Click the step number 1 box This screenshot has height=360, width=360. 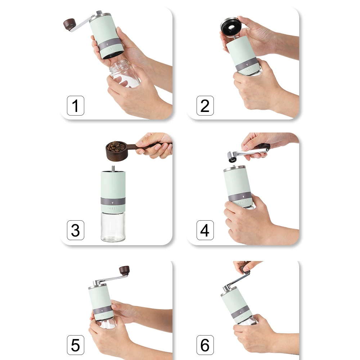pos(76,106)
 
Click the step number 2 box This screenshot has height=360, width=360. pos(205,106)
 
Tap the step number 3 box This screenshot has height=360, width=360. pos(76,230)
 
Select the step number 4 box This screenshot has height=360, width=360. pos(205,230)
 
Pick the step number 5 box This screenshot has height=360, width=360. pos(76,345)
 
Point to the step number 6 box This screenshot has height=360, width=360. pos(205,345)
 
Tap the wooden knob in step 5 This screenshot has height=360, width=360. pos(124,270)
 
